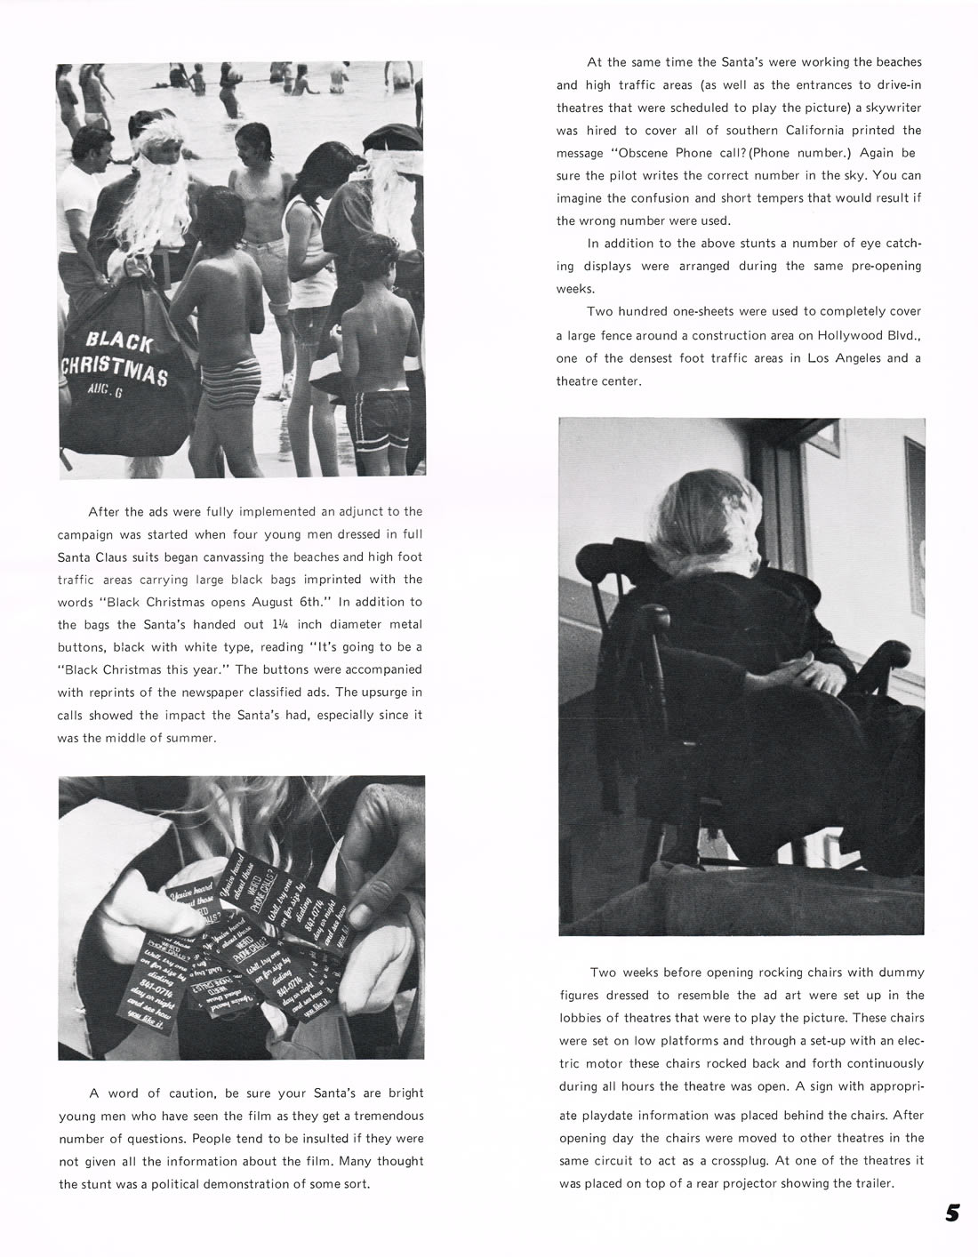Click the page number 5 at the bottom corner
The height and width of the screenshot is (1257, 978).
point(952,1213)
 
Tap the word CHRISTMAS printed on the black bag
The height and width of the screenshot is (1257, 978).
point(113,372)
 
